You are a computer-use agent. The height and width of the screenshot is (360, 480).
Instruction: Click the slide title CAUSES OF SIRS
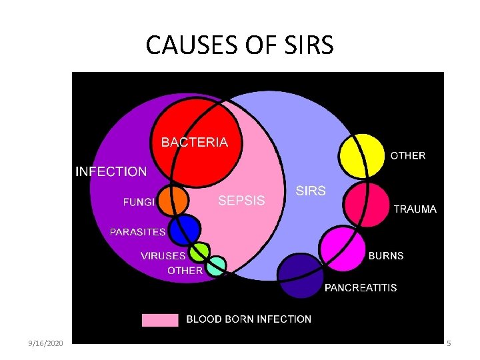pos(239,45)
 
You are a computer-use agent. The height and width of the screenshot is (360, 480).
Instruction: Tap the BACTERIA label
pos(195,142)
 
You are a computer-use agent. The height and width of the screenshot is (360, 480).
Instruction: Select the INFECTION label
pos(111,171)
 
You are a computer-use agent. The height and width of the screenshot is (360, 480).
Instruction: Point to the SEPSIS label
pos(241,200)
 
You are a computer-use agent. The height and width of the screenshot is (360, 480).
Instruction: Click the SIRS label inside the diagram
pos(310,191)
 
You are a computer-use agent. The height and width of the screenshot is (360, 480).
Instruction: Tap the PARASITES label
pos(137,232)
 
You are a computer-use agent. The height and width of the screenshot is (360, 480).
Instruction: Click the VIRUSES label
pos(163,255)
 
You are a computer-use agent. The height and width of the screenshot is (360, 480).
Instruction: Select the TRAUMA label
pos(415,209)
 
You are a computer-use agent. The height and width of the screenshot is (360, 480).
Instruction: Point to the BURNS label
pos(386,255)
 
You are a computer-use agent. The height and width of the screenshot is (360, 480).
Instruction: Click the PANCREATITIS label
pos(360,288)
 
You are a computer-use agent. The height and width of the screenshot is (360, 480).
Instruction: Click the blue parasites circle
pos(184,231)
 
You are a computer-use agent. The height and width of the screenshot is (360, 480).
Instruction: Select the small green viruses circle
pos(199,252)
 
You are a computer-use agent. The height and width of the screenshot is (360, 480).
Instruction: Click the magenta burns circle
pos(342,246)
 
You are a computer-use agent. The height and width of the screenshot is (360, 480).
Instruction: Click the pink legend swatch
pos(160,319)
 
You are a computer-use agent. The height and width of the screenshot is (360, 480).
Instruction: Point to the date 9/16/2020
pos(46,343)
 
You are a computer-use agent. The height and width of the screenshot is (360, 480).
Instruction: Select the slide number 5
pos(449,343)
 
